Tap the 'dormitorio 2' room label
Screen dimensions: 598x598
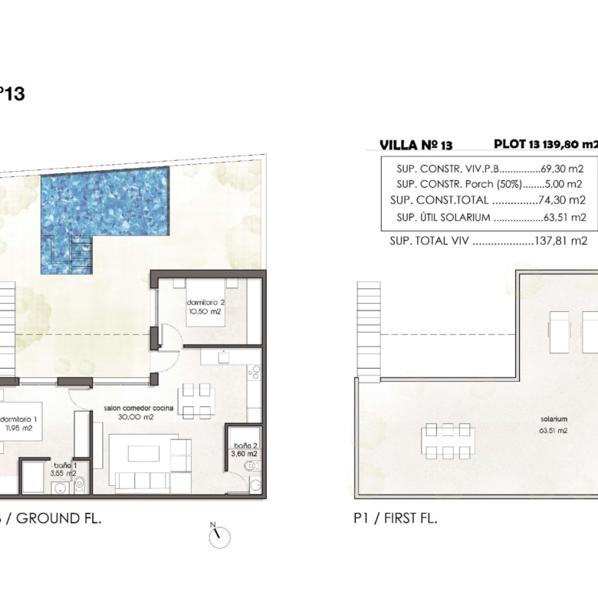(205, 302)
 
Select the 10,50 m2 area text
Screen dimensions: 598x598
(205, 311)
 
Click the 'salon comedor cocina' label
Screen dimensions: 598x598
(139, 408)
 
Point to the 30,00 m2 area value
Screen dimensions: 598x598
(136, 417)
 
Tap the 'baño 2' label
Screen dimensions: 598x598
(245, 445)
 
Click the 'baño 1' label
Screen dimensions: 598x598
(65, 465)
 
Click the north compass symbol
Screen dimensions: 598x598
(219, 536)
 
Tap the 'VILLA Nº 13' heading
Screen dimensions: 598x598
(416, 145)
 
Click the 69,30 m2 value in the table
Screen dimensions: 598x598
(562, 169)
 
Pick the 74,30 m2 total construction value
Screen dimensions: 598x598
(562, 200)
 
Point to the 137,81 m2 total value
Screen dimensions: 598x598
(561, 241)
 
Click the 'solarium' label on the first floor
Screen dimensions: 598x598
(554, 419)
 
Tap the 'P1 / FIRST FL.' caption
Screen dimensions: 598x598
(396, 519)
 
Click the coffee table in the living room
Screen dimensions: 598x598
(143, 454)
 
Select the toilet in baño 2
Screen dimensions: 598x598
(251, 465)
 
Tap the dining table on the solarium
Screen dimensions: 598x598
(449, 441)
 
